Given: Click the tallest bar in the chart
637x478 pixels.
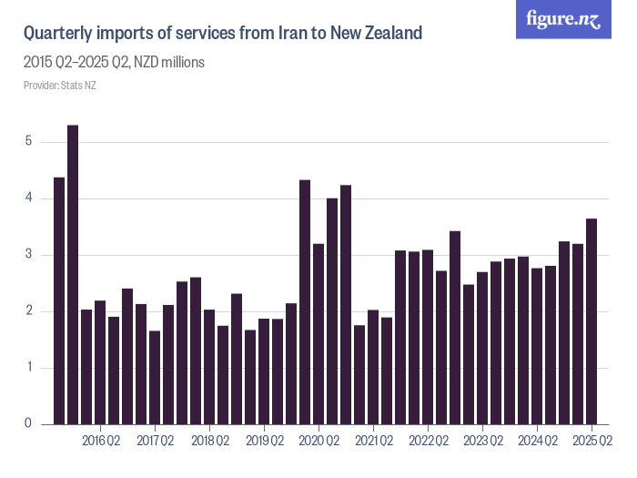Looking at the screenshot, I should (73, 274).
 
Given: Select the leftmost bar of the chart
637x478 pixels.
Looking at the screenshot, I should (59, 300).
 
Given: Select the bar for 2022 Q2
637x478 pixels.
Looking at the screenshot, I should (428, 337).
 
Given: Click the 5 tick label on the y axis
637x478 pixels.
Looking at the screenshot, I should (29, 142).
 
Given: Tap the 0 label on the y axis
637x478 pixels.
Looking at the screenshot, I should (29, 424).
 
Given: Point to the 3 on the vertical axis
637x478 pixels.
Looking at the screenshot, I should (29, 255).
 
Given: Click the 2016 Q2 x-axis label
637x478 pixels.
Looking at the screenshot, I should (101, 442).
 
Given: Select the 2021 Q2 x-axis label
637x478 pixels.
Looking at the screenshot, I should (374, 442).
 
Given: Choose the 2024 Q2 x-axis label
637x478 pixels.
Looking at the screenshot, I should (538, 442).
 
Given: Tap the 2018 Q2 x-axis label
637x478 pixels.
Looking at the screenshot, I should (210, 442).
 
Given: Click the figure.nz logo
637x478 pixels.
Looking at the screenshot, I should (563, 19).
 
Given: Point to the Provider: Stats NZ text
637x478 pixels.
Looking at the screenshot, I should (59, 86).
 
